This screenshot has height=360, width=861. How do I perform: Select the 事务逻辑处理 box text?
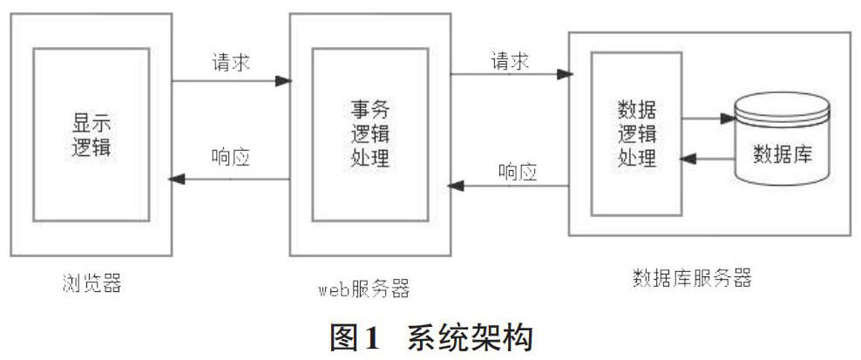click(369, 134)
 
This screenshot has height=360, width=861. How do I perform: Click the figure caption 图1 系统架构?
click(430, 337)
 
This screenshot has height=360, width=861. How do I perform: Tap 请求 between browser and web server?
click(232, 64)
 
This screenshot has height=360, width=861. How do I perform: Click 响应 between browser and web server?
click(231, 158)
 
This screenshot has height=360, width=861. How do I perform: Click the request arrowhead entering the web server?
click(282, 80)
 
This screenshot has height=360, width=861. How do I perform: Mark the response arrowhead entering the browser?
click(176, 179)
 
